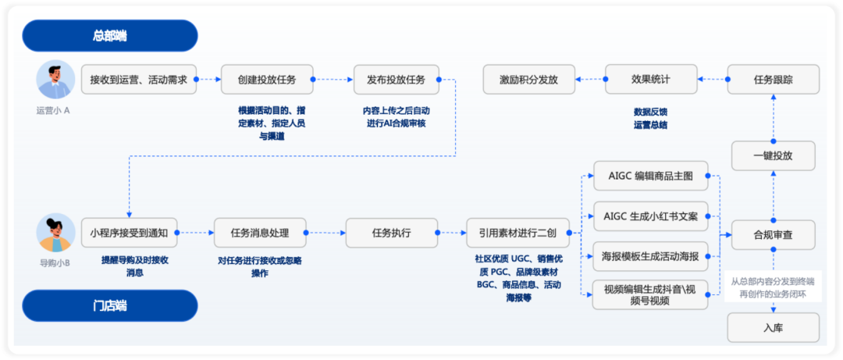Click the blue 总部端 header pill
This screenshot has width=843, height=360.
coord(110,35)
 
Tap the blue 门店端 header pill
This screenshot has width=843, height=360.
coord(110,305)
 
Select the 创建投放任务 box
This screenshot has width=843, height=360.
coord(267,80)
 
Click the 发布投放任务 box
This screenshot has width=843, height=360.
coord(397,80)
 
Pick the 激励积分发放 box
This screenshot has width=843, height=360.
coord(528,80)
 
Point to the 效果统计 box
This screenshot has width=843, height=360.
coord(651,80)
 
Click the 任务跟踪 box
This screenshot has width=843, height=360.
coord(774,80)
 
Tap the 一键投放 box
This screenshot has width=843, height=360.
coord(774,156)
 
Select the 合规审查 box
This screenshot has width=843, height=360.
coord(774,234)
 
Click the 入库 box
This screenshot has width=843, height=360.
coord(774,328)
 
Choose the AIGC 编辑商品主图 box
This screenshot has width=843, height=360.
coord(650,176)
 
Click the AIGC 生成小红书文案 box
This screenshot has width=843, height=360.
coord(650,217)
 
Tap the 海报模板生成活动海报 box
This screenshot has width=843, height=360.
coord(650,256)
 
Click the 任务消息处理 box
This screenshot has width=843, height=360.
coord(260,233)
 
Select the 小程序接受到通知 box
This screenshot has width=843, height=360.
coord(129,233)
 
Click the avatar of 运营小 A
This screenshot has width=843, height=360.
coord(56,79)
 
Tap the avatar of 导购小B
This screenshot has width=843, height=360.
coord(56,233)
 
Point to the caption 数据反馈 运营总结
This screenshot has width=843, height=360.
coord(650,119)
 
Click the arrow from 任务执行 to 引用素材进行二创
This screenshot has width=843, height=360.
coord(452,233)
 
